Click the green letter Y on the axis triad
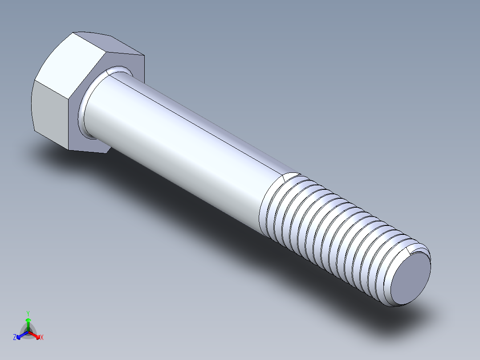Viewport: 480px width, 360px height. pyautogui.click(x=28, y=313)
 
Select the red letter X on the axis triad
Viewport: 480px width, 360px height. pyautogui.click(x=42, y=337)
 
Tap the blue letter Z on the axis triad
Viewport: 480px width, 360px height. pyautogui.click(x=15, y=337)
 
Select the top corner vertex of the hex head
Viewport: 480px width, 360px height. pyautogui.click(x=73, y=33)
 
